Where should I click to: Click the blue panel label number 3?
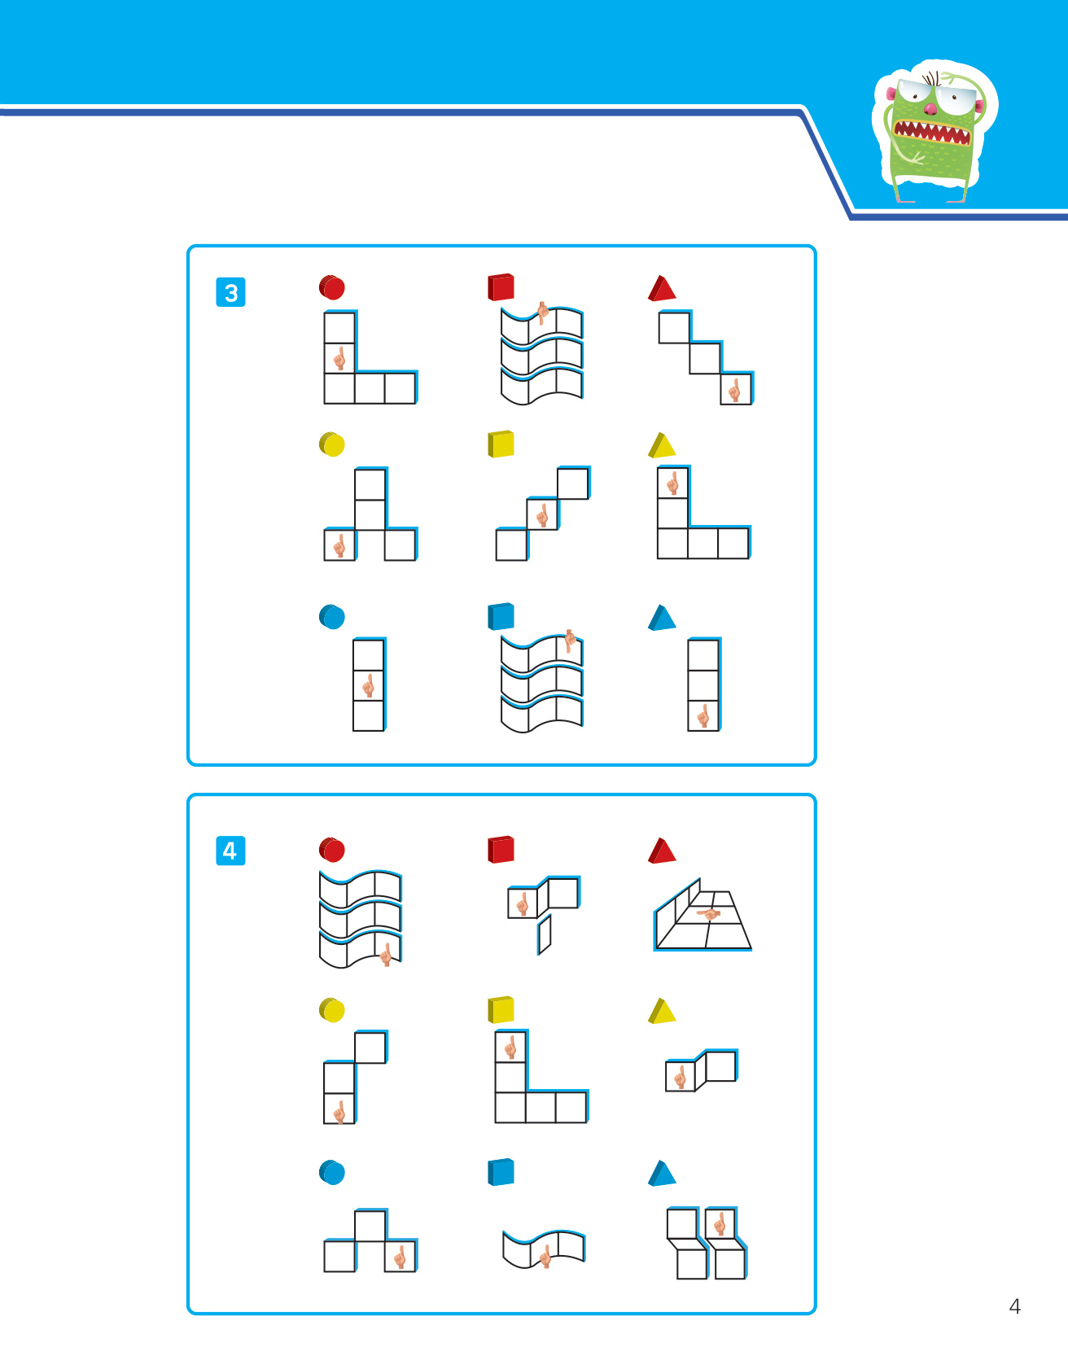click(x=230, y=292)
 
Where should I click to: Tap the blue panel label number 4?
click(x=230, y=851)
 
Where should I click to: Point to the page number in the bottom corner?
click(x=1014, y=1306)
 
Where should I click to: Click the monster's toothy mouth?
click(x=932, y=132)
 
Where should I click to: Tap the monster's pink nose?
click(x=930, y=107)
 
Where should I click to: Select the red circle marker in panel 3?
click(x=332, y=287)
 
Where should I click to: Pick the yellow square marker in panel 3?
click(x=501, y=444)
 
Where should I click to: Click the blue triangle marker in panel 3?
click(x=662, y=618)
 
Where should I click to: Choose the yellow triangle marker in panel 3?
click(x=662, y=445)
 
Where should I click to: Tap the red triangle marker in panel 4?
click(x=662, y=851)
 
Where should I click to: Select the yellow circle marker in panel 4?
click(x=332, y=1010)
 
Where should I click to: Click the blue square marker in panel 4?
click(x=501, y=1172)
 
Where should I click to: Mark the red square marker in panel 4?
click(x=501, y=849)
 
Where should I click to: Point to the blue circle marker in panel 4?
click(x=332, y=1173)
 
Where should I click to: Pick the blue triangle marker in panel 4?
click(x=662, y=1173)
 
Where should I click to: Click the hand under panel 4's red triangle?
click(x=709, y=914)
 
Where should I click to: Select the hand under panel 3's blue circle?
click(x=368, y=685)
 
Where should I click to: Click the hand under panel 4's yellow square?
click(x=510, y=1047)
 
